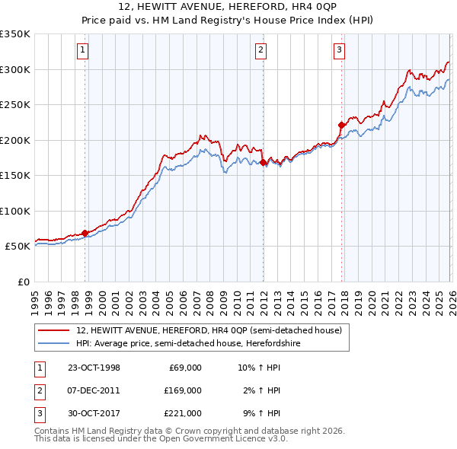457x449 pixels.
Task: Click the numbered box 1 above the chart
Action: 82,51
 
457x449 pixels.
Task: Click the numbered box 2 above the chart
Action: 261,51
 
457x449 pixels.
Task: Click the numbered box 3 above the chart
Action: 339,51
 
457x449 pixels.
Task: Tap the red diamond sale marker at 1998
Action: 85,233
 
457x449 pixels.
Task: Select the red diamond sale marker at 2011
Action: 263,162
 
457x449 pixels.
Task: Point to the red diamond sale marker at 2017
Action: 341,125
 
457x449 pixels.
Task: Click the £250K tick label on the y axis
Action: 15,104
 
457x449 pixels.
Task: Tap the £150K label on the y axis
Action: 15,175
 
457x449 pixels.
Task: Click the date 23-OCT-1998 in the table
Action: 94,368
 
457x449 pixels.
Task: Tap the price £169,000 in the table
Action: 183,390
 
